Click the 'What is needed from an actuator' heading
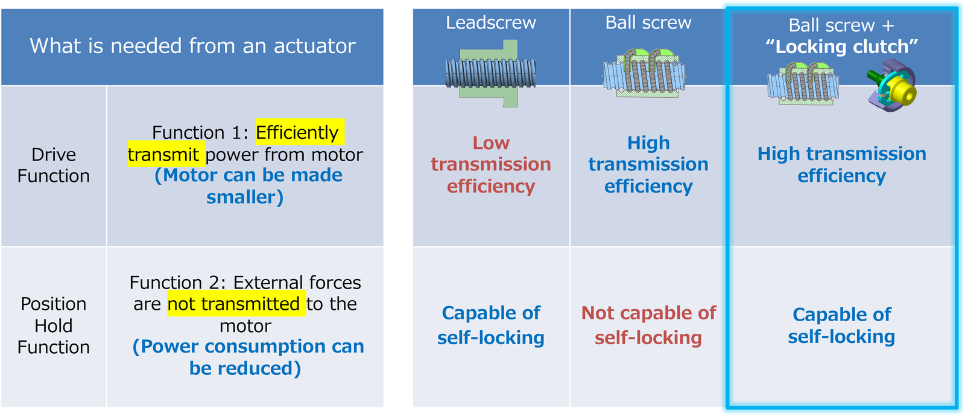tap(192, 46)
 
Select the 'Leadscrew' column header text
tap(490, 23)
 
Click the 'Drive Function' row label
tap(53, 165)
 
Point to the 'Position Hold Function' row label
tap(53, 325)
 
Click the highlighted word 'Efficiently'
tap(297, 132)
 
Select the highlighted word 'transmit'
tap(163, 155)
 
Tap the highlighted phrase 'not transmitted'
tap(233, 304)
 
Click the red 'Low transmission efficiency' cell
tap(491, 164)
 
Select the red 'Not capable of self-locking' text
tap(648, 325)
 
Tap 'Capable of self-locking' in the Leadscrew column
tap(491, 325)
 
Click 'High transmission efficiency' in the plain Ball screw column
tap(648, 164)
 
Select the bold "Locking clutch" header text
tap(841, 47)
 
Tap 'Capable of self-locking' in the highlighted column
tap(841, 325)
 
